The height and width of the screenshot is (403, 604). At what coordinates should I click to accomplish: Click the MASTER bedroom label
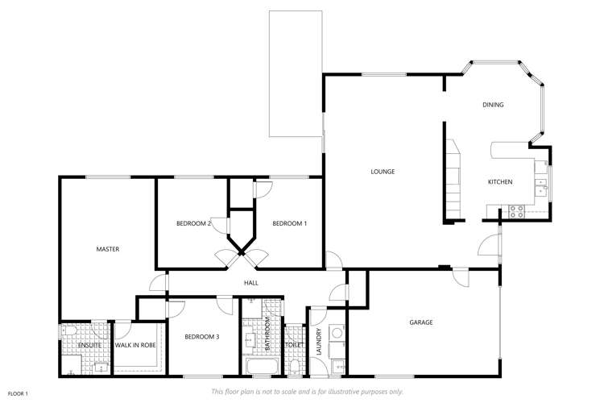[x=107, y=249]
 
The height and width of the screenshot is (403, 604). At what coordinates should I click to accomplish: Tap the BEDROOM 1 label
[x=289, y=223]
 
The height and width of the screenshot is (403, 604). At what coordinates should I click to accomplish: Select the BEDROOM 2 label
[x=193, y=223]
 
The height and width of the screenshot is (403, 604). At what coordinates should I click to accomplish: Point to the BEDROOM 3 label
[x=201, y=337]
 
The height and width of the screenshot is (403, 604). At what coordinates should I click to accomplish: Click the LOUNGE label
[x=382, y=171]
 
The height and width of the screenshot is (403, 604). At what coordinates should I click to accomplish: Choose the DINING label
[x=493, y=105]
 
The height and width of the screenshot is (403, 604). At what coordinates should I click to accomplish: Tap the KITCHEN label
[x=500, y=182]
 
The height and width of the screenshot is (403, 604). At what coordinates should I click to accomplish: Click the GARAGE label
[x=421, y=322]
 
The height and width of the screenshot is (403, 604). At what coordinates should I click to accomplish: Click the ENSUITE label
[x=89, y=346]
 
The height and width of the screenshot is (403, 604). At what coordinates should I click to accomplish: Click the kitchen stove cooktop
[x=516, y=211]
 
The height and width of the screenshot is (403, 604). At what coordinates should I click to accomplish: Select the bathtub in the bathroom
[x=260, y=368]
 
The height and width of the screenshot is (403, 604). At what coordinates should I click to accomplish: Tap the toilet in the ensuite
[x=68, y=331]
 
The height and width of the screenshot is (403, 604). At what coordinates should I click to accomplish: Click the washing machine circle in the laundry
[x=337, y=330]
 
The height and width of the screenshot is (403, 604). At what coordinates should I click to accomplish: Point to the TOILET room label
[x=292, y=345]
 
